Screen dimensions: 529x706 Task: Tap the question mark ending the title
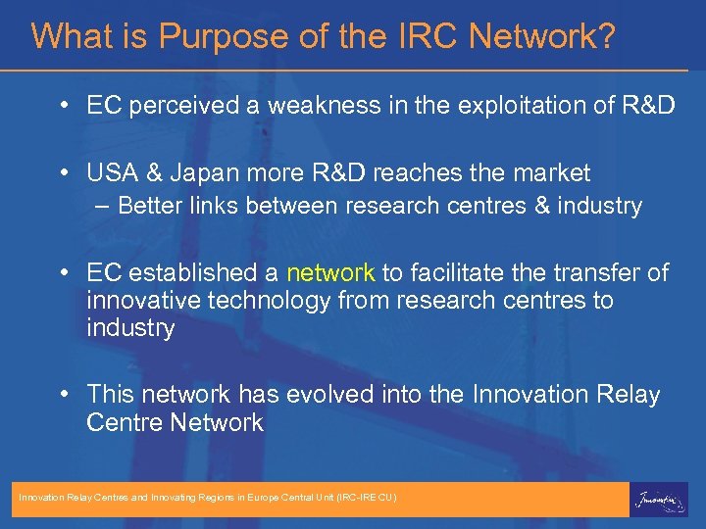[607, 37]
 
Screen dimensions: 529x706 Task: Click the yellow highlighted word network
[330, 273]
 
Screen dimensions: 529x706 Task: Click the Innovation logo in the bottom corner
[659, 499]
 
